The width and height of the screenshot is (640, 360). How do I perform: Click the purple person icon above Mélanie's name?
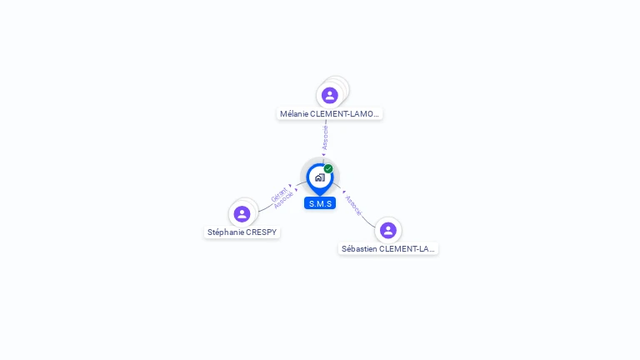tap(330, 95)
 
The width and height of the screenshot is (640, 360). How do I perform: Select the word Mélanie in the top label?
tap(293, 113)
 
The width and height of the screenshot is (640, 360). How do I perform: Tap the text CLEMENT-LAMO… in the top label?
tap(345, 113)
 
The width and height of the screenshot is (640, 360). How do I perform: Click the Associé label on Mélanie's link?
tap(325, 137)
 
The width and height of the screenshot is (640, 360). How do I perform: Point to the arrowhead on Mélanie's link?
tap(324, 154)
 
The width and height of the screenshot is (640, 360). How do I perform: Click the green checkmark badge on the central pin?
tap(328, 168)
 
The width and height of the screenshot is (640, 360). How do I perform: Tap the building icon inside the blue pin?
tap(319, 177)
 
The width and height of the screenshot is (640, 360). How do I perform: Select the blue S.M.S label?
tap(320, 203)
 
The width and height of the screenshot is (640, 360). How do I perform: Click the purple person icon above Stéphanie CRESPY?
tap(242, 214)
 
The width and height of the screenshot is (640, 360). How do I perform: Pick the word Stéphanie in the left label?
tap(225, 232)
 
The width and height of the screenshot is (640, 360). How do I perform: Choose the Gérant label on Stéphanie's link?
tap(278, 194)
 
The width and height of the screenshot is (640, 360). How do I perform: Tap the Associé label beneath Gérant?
tap(283, 201)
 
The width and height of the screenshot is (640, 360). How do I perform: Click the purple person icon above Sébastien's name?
tap(387, 230)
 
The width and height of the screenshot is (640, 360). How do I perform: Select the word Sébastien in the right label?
tap(359, 248)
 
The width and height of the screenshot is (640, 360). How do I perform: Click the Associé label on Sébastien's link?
tap(353, 206)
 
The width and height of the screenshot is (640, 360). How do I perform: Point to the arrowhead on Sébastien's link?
tap(343, 191)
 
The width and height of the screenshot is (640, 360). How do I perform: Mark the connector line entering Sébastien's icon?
tap(369, 222)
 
